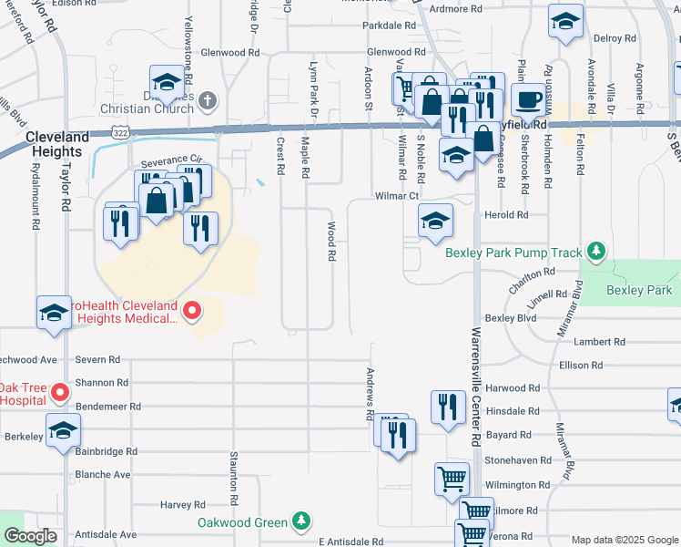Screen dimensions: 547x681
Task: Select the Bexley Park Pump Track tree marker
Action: [596, 251]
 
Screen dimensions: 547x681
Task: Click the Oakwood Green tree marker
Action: [301, 521]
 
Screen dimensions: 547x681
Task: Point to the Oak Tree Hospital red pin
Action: [61, 393]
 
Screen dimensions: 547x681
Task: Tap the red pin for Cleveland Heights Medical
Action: [191, 312]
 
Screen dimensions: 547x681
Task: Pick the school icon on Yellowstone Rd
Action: [167, 85]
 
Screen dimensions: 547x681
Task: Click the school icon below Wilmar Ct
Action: [435, 220]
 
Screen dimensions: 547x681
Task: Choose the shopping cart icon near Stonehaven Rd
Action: [452, 477]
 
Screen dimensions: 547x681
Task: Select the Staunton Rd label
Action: [234, 478]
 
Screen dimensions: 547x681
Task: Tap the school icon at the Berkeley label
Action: [63, 429]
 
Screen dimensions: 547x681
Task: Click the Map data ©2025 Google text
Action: [624, 540]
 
